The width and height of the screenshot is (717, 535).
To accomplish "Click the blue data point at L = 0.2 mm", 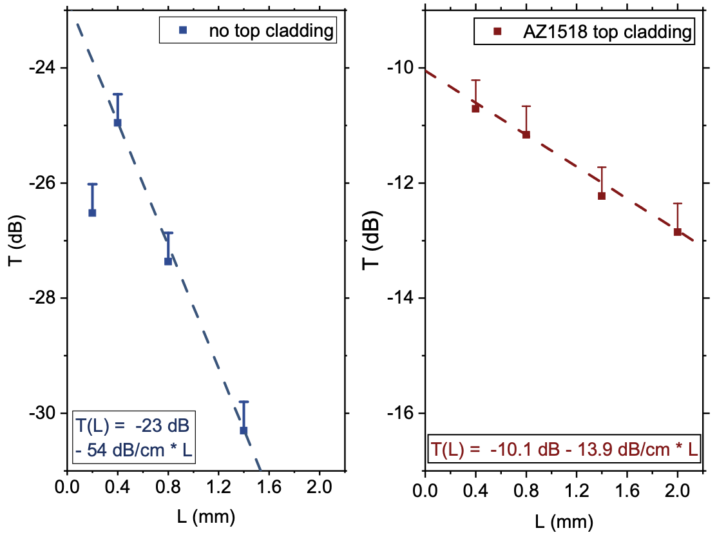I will [x=92, y=213].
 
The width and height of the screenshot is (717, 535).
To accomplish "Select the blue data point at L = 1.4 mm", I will [x=244, y=430].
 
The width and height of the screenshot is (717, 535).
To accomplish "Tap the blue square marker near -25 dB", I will [x=117, y=122].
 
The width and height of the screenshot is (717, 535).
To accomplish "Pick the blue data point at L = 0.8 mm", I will [x=168, y=261].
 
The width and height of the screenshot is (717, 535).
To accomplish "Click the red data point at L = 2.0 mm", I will [x=677, y=231].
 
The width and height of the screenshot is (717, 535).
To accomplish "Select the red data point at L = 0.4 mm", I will [x=475, y=108].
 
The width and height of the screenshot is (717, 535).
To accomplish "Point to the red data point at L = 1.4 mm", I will [x=602, y=196].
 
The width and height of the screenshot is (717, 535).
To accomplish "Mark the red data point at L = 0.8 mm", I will [x=526, y=135].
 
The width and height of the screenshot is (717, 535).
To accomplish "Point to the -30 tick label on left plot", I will [x=44, y=413].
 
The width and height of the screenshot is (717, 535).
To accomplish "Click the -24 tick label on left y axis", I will [x=44, y=68].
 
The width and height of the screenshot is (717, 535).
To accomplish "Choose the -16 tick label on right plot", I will [x=403, y=413].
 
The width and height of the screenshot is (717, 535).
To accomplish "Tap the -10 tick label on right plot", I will [x=403, y=68].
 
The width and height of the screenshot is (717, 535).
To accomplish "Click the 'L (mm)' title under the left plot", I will [x=206, y=516].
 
